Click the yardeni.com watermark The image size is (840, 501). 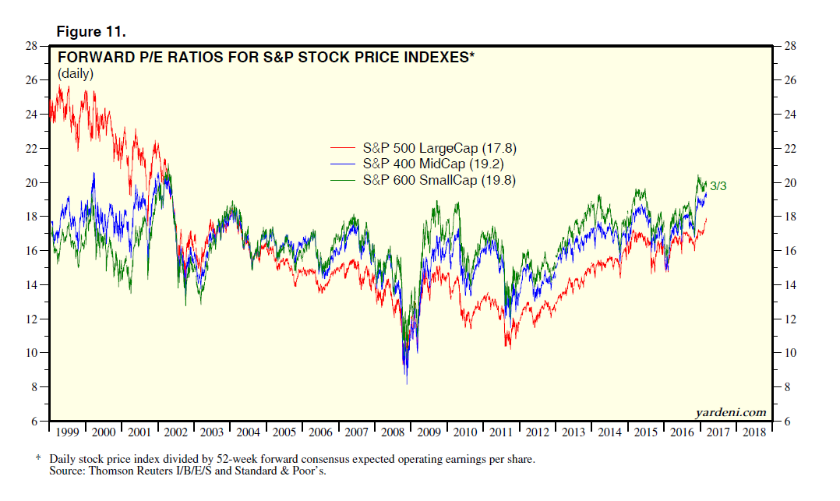[730, 412]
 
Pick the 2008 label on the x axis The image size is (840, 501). [392, 432]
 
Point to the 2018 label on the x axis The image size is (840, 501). [751, 432]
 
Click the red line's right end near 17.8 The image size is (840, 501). [707, 219]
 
